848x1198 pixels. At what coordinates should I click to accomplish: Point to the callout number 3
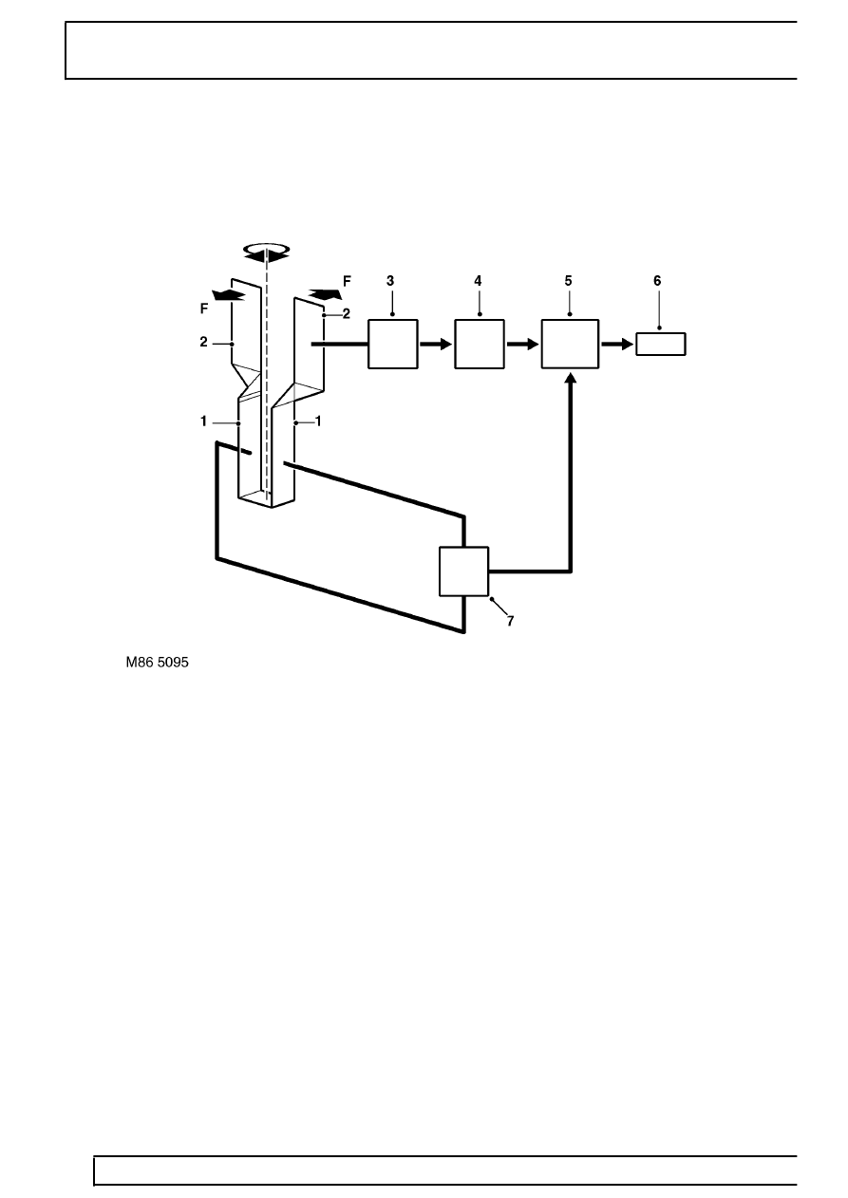390,281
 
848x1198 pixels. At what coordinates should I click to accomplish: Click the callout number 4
478,281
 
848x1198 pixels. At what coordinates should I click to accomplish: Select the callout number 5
568,281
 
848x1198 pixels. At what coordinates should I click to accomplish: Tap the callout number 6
657,281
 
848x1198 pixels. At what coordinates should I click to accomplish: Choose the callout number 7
510,621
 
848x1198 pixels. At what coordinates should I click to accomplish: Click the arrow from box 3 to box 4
436,344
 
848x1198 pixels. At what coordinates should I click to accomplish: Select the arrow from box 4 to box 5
522,344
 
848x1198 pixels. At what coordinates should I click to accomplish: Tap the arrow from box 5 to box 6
617,344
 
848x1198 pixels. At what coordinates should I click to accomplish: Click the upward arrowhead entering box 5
571,378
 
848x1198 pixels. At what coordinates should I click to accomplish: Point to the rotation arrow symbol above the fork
267,253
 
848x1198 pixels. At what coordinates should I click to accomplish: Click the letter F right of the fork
347,281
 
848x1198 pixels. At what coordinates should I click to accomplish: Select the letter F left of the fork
204,309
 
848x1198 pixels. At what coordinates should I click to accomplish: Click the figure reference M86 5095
158,663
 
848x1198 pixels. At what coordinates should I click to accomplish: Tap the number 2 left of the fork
203,342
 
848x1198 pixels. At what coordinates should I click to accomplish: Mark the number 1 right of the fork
318,421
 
